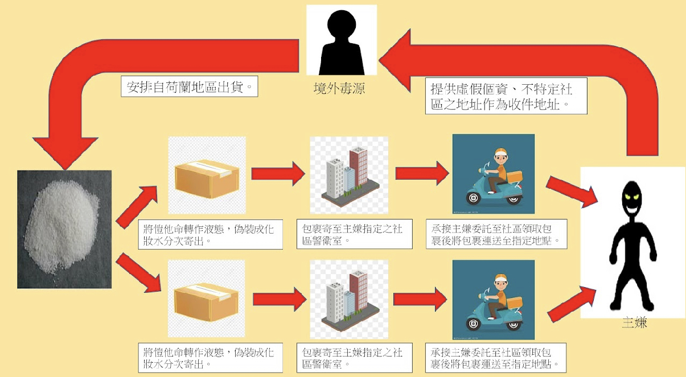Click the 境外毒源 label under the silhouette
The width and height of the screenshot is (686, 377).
tap(339, 89)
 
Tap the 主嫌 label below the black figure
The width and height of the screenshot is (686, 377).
tap(634, 324)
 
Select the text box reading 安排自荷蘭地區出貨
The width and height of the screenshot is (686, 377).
tap(190, 88)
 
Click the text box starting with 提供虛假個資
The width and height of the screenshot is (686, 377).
tap(506, 97)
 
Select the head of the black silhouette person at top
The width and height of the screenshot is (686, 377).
tap(341, 26)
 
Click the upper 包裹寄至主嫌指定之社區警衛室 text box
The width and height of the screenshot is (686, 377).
tap(354, 234)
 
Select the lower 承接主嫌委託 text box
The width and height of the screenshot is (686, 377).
tap(496, 357)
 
